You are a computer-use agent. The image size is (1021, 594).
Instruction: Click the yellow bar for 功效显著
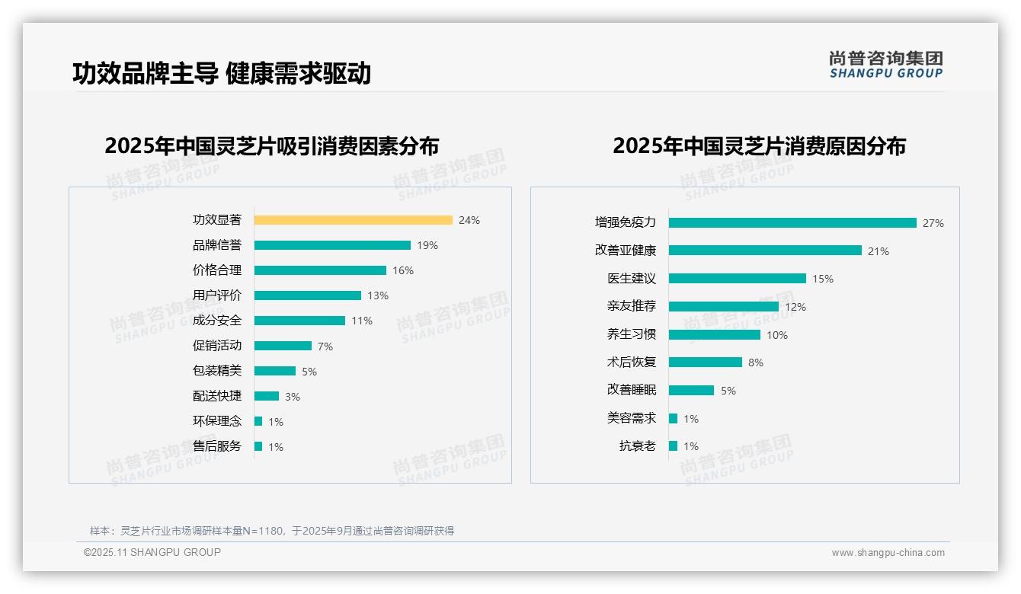coord(353,220)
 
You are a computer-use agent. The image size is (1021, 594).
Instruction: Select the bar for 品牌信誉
coord(332,245)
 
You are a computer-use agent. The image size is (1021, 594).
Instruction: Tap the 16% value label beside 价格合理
coord(402,270)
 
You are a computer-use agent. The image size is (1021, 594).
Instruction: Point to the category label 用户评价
coord(216,295)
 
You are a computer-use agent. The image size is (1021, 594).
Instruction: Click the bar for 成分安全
coord(299,321)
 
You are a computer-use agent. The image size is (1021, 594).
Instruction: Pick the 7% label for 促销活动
coord(325,346)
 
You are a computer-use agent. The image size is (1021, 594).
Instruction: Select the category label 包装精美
coord(216,371)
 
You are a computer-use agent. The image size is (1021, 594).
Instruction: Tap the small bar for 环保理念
coord(258,421)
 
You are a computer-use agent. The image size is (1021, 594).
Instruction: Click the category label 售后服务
coord(216,446)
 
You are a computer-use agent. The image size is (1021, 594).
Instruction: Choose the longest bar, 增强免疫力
coord(792,223)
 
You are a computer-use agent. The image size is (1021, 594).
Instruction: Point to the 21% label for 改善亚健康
coord(878,251)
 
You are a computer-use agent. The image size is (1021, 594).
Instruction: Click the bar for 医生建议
coord(737,279)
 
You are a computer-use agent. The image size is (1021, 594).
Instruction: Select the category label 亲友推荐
coord(631,306)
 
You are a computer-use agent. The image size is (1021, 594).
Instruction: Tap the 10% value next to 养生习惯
coord(776,335)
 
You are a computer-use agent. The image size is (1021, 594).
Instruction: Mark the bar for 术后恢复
coord(705,362)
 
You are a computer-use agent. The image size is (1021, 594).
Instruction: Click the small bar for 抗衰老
coord(673,446)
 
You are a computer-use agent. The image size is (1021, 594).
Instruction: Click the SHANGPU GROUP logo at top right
coord(885,65)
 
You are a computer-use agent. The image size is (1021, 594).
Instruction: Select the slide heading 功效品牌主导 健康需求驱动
coord(221,73)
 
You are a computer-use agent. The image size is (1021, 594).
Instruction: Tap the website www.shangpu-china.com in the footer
coord(888,553)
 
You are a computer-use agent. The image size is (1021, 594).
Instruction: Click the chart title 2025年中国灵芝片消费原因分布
coord(759,146)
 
